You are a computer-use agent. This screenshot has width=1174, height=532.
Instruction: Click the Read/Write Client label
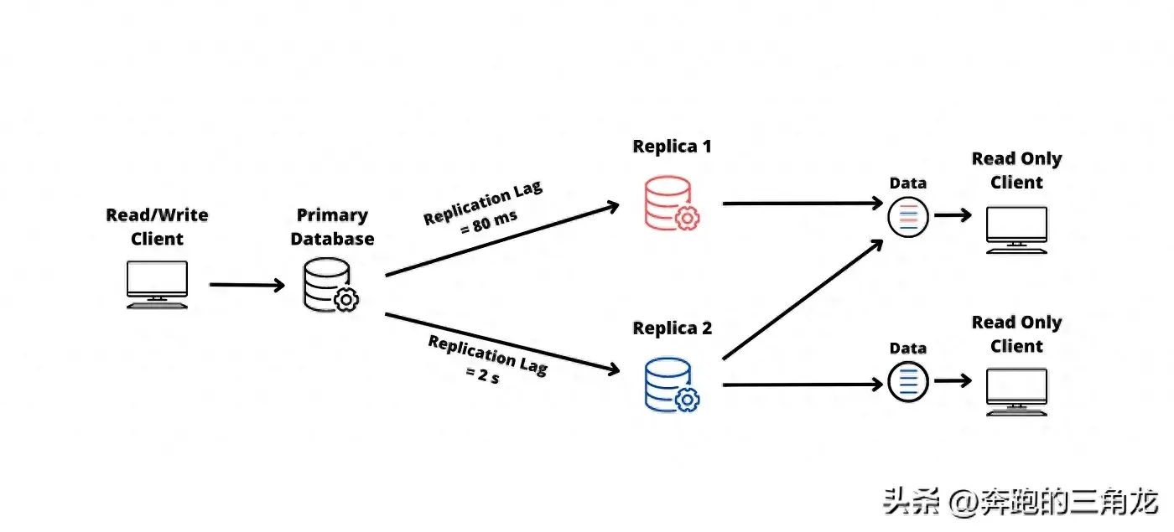click(x=157, y=227)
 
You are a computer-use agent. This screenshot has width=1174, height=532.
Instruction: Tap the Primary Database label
click(x=332, y=227)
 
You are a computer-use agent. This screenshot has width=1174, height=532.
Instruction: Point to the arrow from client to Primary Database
click(x=247, y=285)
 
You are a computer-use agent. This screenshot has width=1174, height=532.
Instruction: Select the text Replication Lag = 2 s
click(x=486, y=358)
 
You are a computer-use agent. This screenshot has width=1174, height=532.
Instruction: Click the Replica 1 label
click(x=672, y=147)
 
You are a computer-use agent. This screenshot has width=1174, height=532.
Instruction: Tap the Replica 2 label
click(x=672, y=328)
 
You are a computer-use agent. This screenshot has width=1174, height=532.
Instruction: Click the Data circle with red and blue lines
click(x=908, y=216)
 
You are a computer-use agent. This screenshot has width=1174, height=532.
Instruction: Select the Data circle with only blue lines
click(x=908, y=381)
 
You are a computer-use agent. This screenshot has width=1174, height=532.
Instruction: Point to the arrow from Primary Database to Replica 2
click(x=501, y=343)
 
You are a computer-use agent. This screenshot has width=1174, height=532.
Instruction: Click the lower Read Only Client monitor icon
click(x=1016, y=392)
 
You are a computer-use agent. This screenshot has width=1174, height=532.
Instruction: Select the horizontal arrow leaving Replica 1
click(x=801, y=203)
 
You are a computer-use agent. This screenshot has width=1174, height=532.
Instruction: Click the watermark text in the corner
click(x=1020, y=503)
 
